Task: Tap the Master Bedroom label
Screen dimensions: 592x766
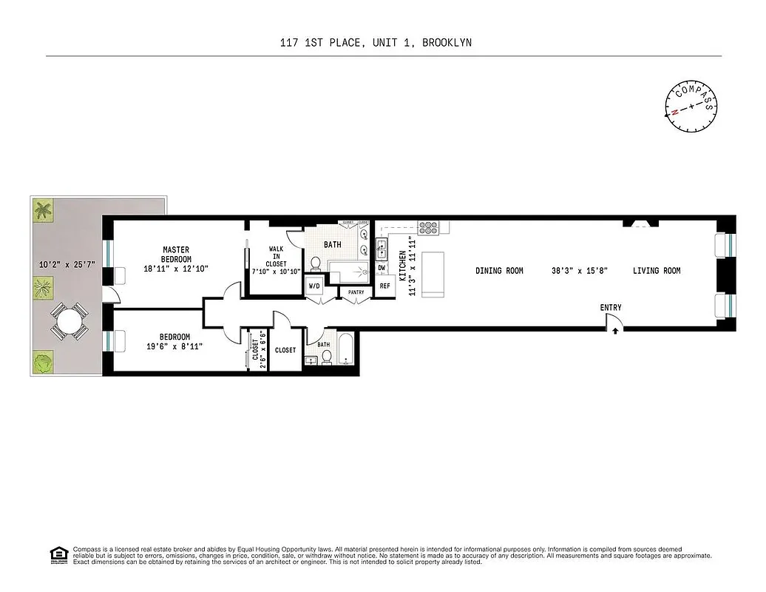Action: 177,255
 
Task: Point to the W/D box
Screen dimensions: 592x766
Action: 313,286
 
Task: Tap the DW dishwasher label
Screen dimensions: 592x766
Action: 382,268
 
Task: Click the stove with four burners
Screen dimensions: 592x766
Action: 428,228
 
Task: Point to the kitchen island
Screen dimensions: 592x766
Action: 432,274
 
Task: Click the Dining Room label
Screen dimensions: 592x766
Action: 499,271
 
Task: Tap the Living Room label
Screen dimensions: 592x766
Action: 656,271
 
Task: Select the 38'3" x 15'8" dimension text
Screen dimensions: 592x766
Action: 579,271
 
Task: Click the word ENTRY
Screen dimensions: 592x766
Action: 611,308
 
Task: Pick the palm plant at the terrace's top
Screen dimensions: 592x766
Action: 44,212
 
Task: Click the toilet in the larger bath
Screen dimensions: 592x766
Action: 315,263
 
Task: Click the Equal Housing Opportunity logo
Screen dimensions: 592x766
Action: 58,554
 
